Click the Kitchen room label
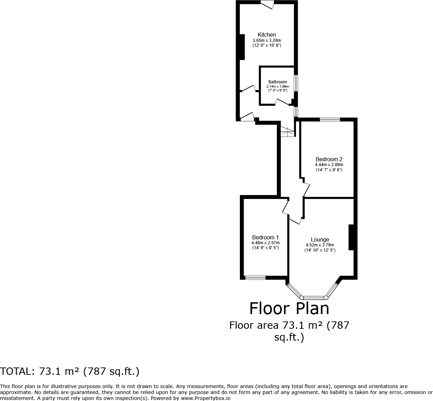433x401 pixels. coord(267,35)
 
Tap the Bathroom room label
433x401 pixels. coord(278,82)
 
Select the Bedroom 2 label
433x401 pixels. coord(329,159)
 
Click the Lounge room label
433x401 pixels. coord(320,240)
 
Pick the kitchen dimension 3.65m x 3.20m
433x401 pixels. coord(267,40)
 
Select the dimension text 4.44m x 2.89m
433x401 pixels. coord(329,165)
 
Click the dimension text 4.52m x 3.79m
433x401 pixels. coord(320,245)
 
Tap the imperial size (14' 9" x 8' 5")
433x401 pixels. coord(265,248)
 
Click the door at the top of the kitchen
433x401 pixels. coord(268,4)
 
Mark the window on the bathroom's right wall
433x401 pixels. coord(296,83)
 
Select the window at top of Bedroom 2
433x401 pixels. coord(330,120)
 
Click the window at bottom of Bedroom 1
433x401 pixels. coord(255,278)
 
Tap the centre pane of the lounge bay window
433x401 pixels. coord(313,298)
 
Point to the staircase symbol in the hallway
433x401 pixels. coord(287,132)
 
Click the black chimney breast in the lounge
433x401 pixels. coord(351,237)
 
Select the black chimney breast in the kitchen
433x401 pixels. coord(241,47)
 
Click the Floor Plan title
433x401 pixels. coord(289,309)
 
